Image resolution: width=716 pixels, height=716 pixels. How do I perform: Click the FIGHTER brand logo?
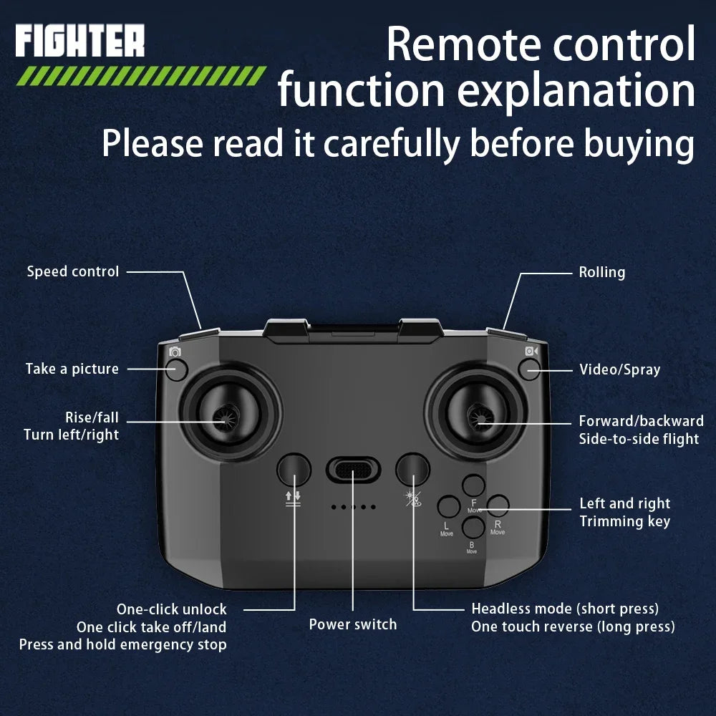coord(80,41)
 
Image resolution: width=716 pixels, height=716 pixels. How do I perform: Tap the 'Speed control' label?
coord(73,271)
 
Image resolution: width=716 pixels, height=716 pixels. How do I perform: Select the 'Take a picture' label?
coord(72,369)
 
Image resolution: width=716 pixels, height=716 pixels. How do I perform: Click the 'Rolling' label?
coord(602,273)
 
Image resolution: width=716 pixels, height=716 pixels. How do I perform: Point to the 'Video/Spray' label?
coord(619,369)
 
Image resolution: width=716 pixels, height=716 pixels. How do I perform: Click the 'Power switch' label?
coord(353,624)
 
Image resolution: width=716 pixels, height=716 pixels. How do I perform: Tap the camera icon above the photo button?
coord(175,352)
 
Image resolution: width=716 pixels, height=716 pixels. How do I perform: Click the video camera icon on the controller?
coord(531,351)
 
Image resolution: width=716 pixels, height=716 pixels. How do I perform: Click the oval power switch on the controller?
coord(353,469)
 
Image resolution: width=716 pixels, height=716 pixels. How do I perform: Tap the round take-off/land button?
coord(294,470)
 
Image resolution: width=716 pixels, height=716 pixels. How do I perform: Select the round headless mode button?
coord(413,470)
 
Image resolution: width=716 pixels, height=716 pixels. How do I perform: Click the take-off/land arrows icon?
coord(293,498)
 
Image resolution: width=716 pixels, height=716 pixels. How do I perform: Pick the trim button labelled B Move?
coord(473,528)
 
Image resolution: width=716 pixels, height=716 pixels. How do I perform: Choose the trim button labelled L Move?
coord(449,506)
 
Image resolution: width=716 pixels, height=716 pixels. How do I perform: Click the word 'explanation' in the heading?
coord(576,91)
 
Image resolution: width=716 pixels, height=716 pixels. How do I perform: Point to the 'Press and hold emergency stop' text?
coord(123,645)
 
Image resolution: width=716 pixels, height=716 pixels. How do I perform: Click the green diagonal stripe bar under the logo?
coord(141,76)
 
